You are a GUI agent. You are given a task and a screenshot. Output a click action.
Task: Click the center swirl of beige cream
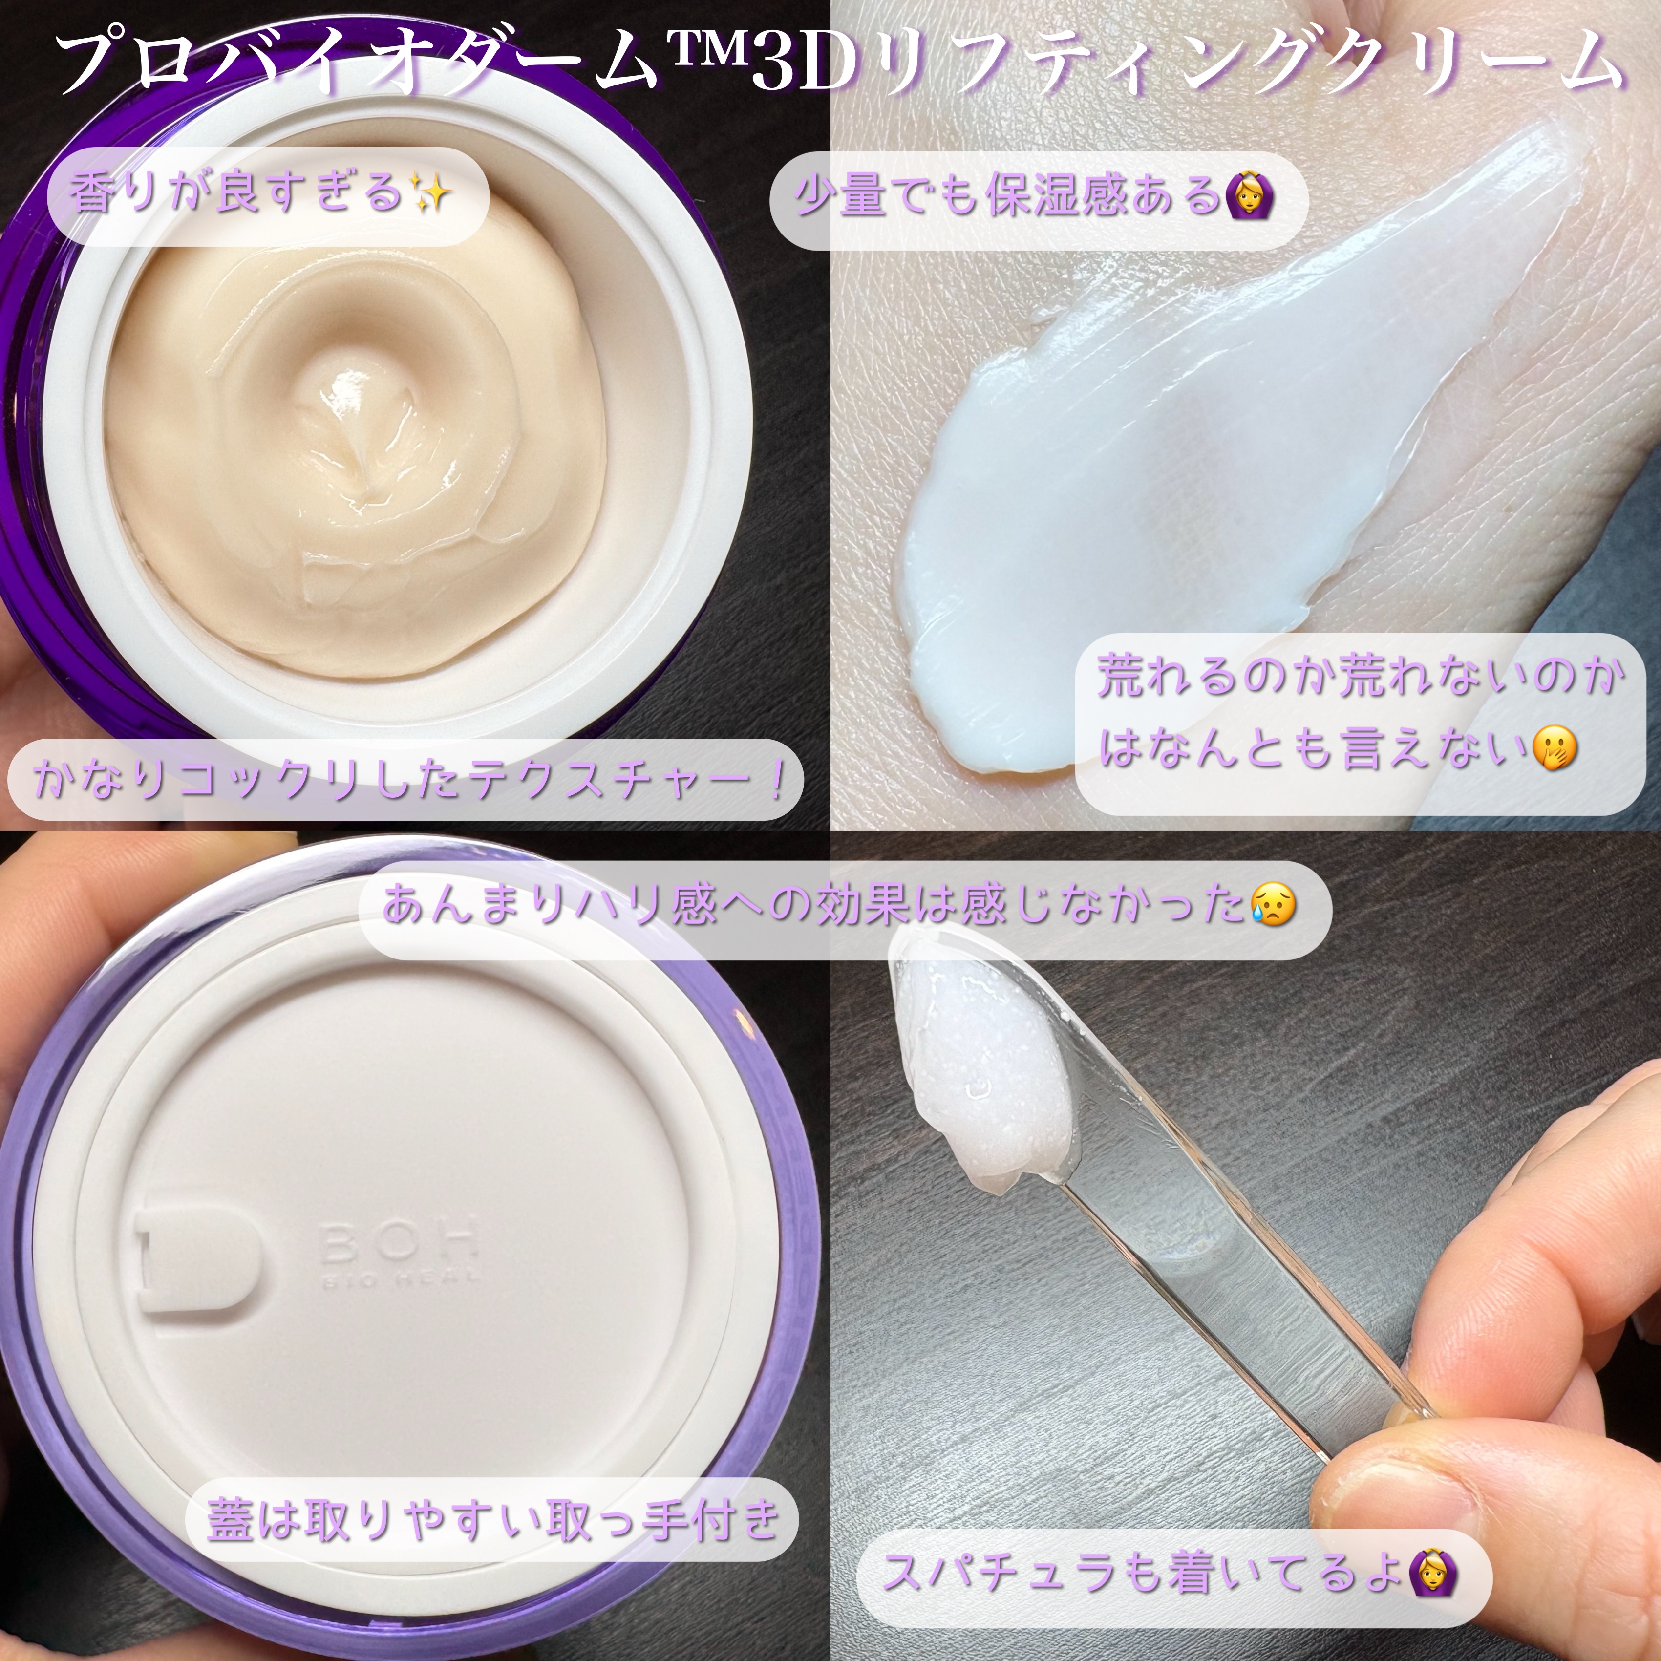coord(361,430)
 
